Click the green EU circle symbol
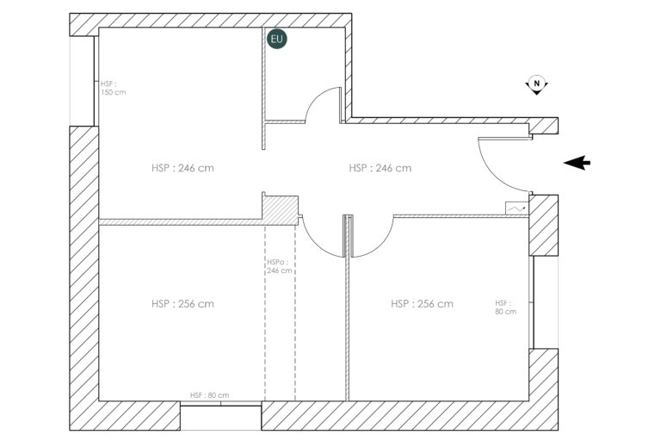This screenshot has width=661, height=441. (x=276, y=39)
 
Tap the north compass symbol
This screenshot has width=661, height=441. (x=536, y=84)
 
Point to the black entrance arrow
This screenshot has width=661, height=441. (x=577, y=163)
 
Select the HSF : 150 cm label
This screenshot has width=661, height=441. (x=113, y=88)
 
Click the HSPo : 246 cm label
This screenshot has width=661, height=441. (x=279, y=266)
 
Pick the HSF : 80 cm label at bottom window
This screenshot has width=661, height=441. (x=210, y=395)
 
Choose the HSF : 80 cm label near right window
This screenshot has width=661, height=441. (x=505, y=307)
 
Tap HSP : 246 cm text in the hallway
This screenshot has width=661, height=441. (x=380, y=168)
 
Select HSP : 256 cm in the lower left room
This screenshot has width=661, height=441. (x=182, y=304)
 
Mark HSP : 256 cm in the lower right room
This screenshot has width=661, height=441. (x=422, y=304)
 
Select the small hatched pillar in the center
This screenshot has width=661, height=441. (x=281, y=207)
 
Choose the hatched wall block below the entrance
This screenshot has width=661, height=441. (x=543, y=226)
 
